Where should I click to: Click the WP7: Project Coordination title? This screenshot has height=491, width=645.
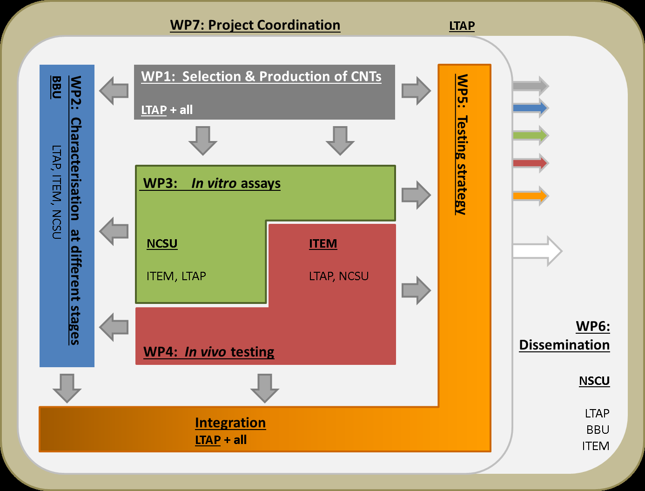tap(255, 25)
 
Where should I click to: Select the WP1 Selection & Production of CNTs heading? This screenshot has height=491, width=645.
tap(261, 76)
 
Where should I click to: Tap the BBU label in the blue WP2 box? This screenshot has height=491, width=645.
tap(56, 87)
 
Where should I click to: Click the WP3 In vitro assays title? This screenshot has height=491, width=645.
tap(212, 183)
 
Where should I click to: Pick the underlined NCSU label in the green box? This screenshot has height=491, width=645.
tap(162, 243)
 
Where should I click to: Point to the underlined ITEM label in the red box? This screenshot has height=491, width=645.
tap(323, 243)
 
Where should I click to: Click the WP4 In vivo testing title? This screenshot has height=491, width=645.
tap(208, 351)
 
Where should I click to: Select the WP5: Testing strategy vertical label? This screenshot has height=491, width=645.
tap(462, 144)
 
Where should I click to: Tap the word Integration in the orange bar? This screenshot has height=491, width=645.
tap(230, 423)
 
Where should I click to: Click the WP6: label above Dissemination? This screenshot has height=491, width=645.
tap(592, 326)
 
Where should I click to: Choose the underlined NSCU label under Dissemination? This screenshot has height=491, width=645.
tap(594, 381)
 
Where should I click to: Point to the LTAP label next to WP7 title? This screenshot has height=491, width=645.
tap(462, 26)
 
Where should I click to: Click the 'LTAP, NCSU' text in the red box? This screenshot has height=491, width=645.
tap(339, 276)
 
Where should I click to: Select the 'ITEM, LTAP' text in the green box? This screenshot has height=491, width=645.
tap(176, 276)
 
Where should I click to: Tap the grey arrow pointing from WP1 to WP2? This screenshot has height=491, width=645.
tap(114, 90)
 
